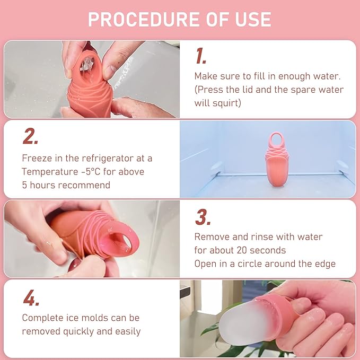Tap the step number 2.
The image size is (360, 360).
(x=30, y=136)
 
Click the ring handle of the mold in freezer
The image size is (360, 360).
(x=276, y=140)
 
